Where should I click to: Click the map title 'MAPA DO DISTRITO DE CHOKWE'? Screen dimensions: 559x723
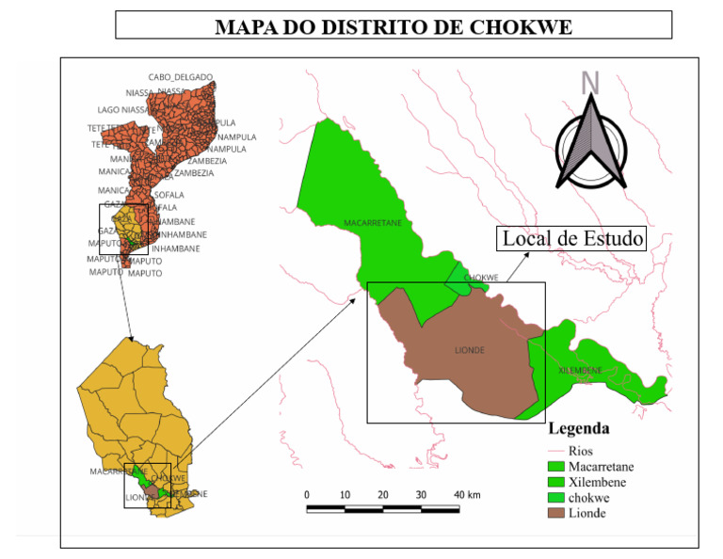[394, 25]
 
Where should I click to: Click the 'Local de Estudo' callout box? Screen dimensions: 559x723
[572, 239]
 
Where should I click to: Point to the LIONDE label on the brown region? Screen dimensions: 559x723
[469, 350]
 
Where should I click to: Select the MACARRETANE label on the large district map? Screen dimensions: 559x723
[373, 223]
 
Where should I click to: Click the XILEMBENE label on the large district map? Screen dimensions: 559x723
[580, 371]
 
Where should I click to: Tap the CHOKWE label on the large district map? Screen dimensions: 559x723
[481, 278]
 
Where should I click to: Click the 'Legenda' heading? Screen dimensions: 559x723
[578, 429]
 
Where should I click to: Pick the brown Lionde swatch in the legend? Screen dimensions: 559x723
[556, 513]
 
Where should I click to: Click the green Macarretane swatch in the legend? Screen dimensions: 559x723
[556, 466]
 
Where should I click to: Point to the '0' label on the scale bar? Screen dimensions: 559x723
[307, 495]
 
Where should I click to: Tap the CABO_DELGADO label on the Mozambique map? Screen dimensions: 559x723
[181, 77]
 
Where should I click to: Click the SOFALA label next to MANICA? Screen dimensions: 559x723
[169, 195]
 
